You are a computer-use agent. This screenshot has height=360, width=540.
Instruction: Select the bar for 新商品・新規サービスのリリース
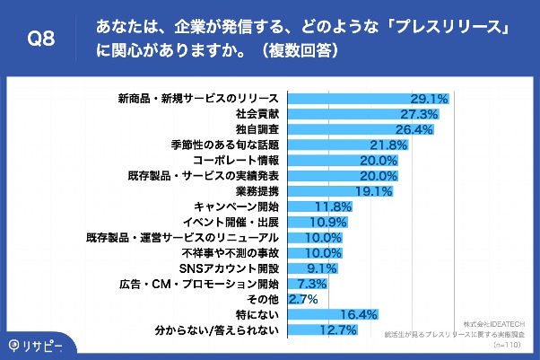tap(359, 98)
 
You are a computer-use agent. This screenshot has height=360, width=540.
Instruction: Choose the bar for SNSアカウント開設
tap(305, 268)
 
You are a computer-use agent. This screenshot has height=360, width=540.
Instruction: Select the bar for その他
tap(287, 299)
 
